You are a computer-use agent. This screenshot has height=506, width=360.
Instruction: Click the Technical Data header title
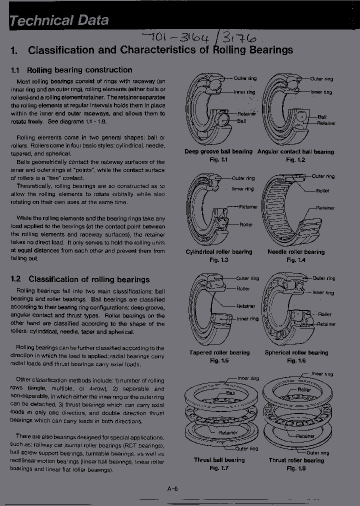59,20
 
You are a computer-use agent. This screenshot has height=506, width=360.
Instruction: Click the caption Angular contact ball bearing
295,151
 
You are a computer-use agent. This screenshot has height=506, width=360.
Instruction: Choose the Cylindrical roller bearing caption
218,252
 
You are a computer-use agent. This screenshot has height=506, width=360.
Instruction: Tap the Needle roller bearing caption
296,252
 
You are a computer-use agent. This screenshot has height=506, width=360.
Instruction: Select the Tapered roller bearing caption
219,352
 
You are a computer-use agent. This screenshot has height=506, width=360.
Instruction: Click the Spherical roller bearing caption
296,352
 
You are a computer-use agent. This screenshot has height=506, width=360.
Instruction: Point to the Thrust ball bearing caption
219,460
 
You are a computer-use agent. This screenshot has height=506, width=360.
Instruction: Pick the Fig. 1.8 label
296,468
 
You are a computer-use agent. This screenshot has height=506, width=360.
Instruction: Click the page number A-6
172,489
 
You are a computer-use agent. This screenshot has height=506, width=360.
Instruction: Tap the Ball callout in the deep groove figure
241,121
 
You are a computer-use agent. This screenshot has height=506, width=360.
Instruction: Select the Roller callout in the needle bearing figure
322,190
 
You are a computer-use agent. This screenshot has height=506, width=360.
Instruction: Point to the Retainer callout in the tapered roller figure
245,306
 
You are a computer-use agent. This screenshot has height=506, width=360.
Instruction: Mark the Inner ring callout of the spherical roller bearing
323,292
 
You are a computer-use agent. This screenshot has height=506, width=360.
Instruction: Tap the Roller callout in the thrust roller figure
304,389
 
